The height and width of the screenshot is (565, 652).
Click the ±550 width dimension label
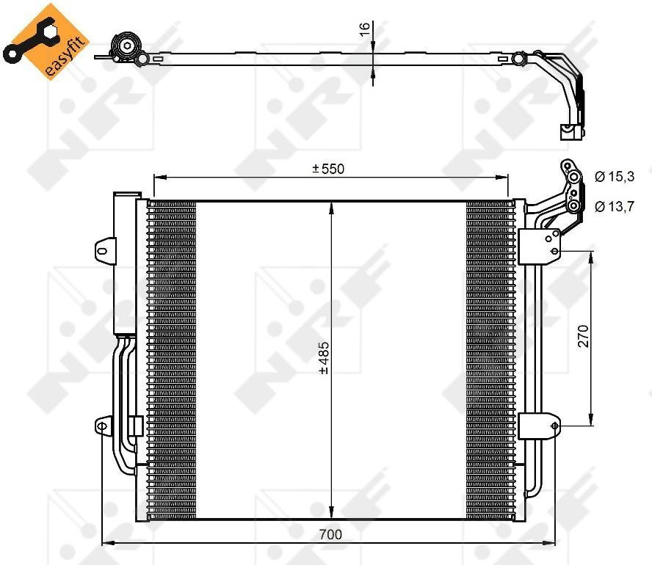point(328,169)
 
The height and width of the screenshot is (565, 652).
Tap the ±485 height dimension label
point(324,357)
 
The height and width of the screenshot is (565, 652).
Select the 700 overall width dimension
point(330,534)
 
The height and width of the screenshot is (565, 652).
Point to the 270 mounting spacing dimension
point(584,335)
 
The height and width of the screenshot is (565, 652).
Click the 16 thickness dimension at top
point(364,29)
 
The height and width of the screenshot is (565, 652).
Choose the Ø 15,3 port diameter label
point(615,177)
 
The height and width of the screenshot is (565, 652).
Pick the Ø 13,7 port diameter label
point(615,206)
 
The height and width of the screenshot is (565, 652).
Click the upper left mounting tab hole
point(102,250)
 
